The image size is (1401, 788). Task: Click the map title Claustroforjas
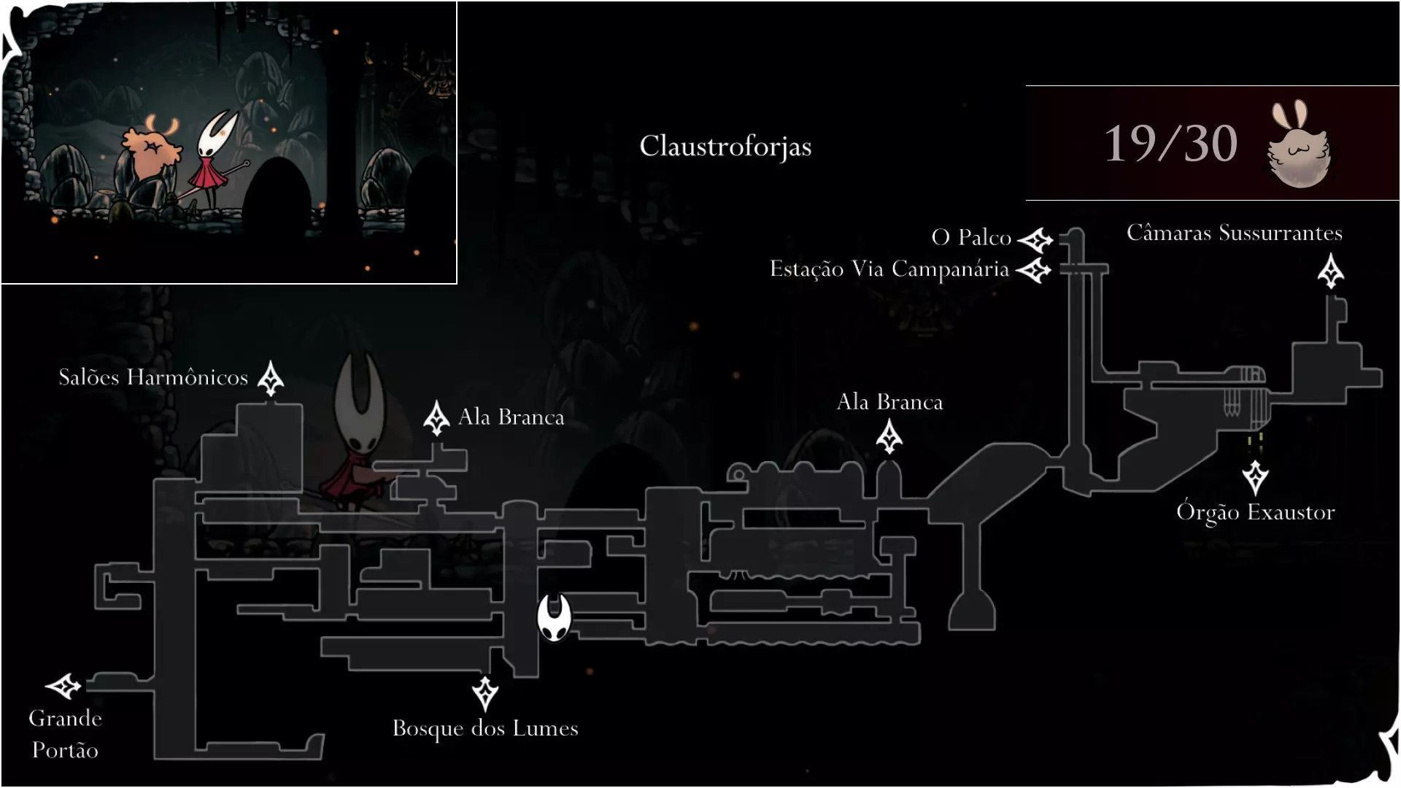coord(725,147)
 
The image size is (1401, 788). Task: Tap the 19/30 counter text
coord(1170,143)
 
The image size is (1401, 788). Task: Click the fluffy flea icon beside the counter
coord(1300,144)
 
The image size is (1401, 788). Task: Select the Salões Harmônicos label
coord(153,377)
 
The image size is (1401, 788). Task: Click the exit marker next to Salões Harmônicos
coord(271,378)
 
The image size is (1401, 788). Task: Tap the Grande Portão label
coord(65,733)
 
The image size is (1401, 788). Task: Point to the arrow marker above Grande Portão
coord(63,686)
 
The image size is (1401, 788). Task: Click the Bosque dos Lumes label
coord(485,728)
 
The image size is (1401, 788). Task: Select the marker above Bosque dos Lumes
coord(485,694)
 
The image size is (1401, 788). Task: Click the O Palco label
coord(971,237)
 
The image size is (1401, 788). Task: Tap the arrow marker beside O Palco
coord(1035,239)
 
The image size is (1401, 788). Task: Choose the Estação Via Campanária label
coord(889,269)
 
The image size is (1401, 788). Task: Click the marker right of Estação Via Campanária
coord(1033,271)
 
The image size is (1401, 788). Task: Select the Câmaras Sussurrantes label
coord(1235,233)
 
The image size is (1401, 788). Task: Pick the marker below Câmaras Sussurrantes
coord(1331,271)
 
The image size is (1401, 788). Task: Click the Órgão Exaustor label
coord(1255,512)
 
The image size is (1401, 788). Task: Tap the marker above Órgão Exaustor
coord(1255,478)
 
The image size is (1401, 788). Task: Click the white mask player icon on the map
coord(554,617)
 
